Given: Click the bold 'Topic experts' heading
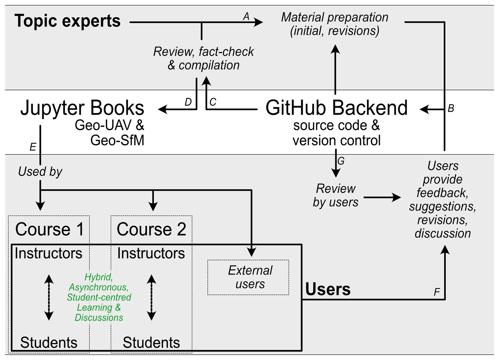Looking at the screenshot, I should (x=67, y=21).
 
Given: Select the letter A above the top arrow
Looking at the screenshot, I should (x=246, y=16).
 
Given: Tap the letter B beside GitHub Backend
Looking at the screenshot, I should (x=451, y=108).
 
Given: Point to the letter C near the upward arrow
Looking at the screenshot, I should (x=213, y=102).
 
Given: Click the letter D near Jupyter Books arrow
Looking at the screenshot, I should (x=188, y=102).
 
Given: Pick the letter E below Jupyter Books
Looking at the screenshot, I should (x=33, y=147).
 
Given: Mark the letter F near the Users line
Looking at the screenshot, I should (x=437, y=292).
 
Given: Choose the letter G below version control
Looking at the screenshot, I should (x=341, y=161).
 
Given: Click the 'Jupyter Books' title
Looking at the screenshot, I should (x=82, y=108).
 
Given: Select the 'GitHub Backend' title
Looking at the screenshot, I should (x=337, y=108).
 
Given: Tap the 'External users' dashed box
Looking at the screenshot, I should (x=248, y=277).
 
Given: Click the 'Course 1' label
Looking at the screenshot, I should (x=49, y=229).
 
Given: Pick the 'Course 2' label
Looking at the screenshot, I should (x=151, y=229).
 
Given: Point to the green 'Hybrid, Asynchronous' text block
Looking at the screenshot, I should (x=99, y=297).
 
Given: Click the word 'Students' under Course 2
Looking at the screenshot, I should (x=151, y=342).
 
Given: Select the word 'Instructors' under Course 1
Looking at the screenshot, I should (x=49, y=253).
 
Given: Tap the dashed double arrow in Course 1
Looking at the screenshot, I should (x=49, y=297).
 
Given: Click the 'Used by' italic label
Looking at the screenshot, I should (x=40, y=172).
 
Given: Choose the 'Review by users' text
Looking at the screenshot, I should (x=335, y=196).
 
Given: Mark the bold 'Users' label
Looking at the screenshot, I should (x=328, y=289).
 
